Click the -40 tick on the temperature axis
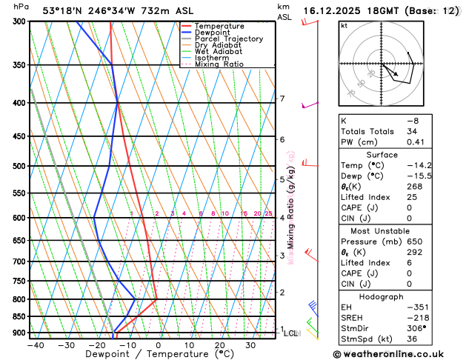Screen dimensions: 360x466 (35, 345)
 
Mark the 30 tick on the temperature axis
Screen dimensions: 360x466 (250, 345)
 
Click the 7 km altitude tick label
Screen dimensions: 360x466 (282, 99)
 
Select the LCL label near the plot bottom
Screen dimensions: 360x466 (290, 333)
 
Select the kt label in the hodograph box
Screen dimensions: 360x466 (344, 26)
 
